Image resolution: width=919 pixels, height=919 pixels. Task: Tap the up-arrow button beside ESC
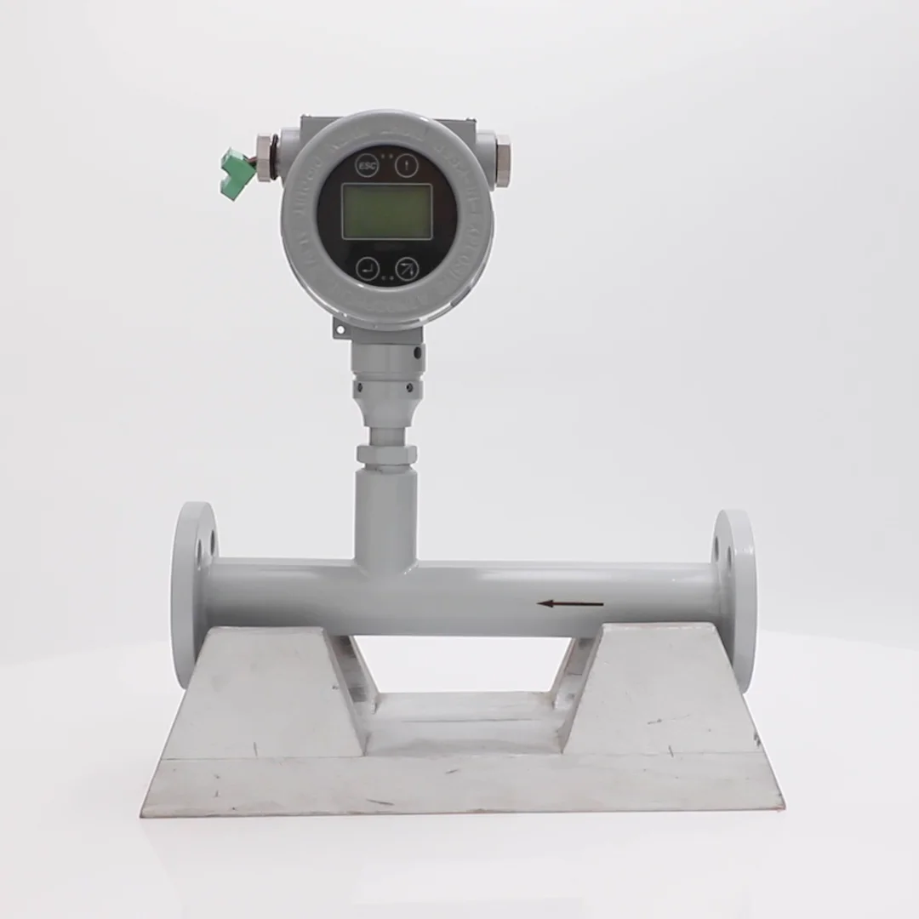[407, 163]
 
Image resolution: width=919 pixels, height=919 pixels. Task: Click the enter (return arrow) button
[368, 268]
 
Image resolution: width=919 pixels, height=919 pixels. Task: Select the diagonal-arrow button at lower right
[408, 268]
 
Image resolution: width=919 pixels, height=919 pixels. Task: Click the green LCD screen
[386, 212]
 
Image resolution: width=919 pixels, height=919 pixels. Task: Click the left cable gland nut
[265, 157]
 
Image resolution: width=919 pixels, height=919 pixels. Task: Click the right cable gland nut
[500, 157]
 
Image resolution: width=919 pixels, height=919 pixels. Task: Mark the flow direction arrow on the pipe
[570, 604]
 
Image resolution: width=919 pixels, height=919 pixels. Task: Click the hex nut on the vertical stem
[386, 455]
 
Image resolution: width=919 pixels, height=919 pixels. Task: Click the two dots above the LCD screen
[386, 157]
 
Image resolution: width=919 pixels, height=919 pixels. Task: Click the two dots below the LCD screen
[387, 277]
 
